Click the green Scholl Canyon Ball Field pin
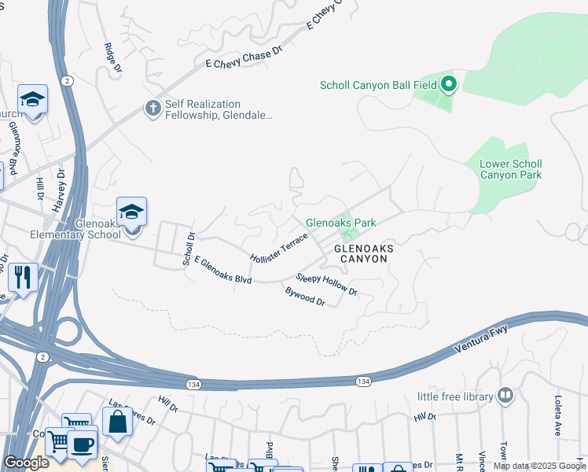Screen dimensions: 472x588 coord(449,83)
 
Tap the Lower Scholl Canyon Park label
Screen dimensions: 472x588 coord(510,169)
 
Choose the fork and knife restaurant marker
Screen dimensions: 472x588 coord(22,277)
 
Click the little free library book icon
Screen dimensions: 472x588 coord(506,397)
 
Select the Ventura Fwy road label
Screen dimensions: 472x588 coord(480,337)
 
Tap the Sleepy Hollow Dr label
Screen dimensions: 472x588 coord(326,285)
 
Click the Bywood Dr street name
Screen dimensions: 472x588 coord(305,297)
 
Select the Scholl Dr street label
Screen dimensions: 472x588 coord(188,249)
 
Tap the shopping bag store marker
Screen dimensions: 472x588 coord(117,422)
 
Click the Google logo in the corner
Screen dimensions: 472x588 coord(26,463)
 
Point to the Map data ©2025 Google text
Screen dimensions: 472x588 coord(538,466)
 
